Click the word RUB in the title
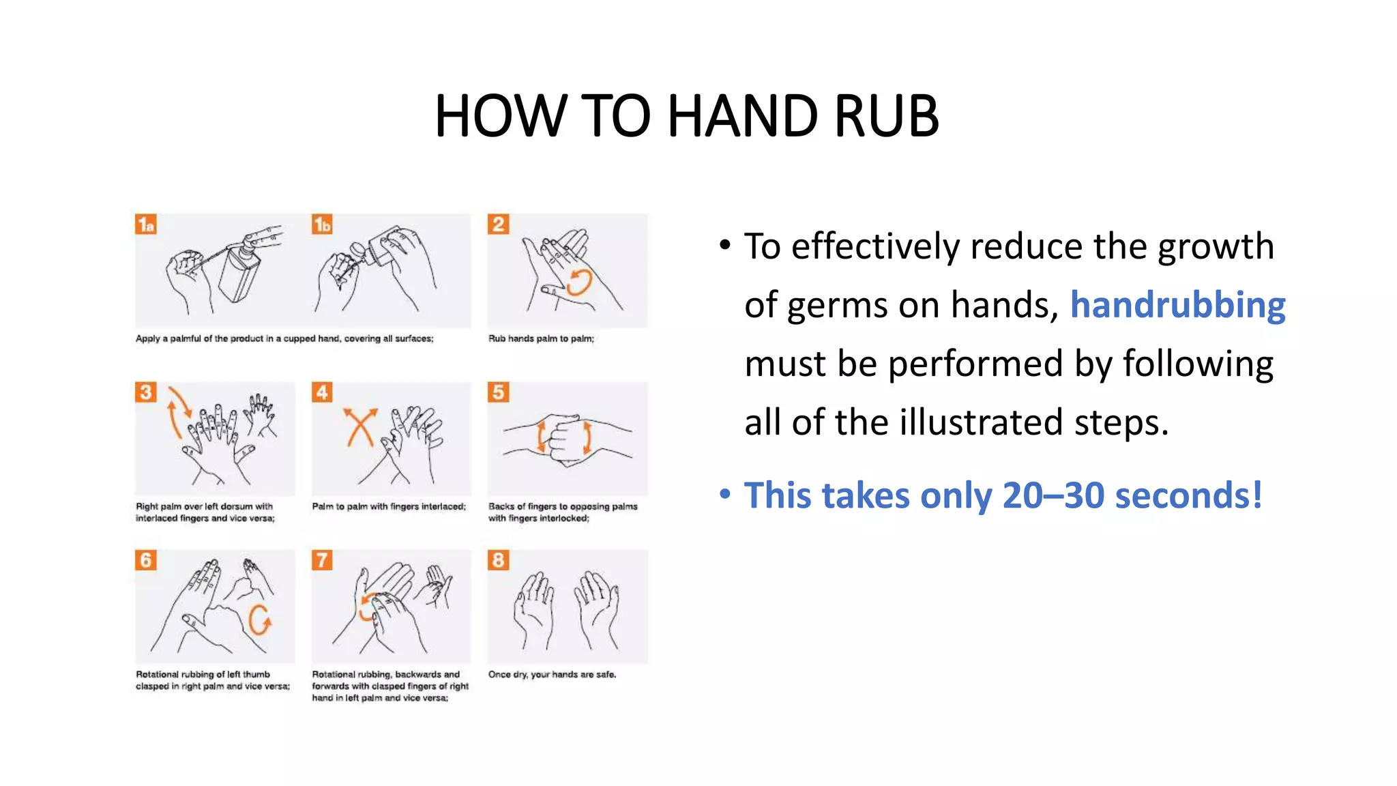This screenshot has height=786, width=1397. pos(885,116)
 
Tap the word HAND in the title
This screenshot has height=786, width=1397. pos(743,116)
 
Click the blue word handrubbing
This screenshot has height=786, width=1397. pos(1177,305)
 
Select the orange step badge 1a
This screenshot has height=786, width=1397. pos(146,224)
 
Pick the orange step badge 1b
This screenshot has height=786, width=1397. pos(322,224)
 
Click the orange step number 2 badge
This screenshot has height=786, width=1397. pos(499,224)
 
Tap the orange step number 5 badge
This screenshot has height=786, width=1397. pos(499,392)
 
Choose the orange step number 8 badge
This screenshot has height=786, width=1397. pos(499,560)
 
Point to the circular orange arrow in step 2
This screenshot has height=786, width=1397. pos(579,281)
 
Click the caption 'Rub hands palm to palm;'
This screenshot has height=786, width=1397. pos(541,338)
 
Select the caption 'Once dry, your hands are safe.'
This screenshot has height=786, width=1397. pos(552,674)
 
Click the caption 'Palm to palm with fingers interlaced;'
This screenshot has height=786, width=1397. pos(389,506)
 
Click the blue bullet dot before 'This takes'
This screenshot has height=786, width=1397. pos(725,493)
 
